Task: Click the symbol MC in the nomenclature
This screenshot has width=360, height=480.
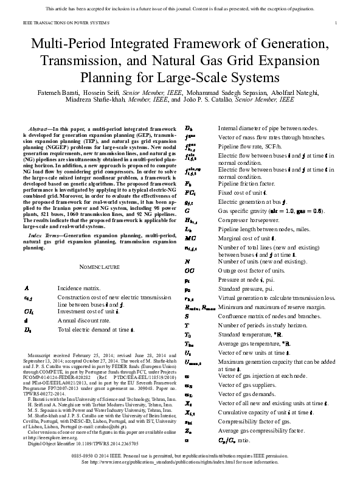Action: pyautogui.click(x=190, y=238)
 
